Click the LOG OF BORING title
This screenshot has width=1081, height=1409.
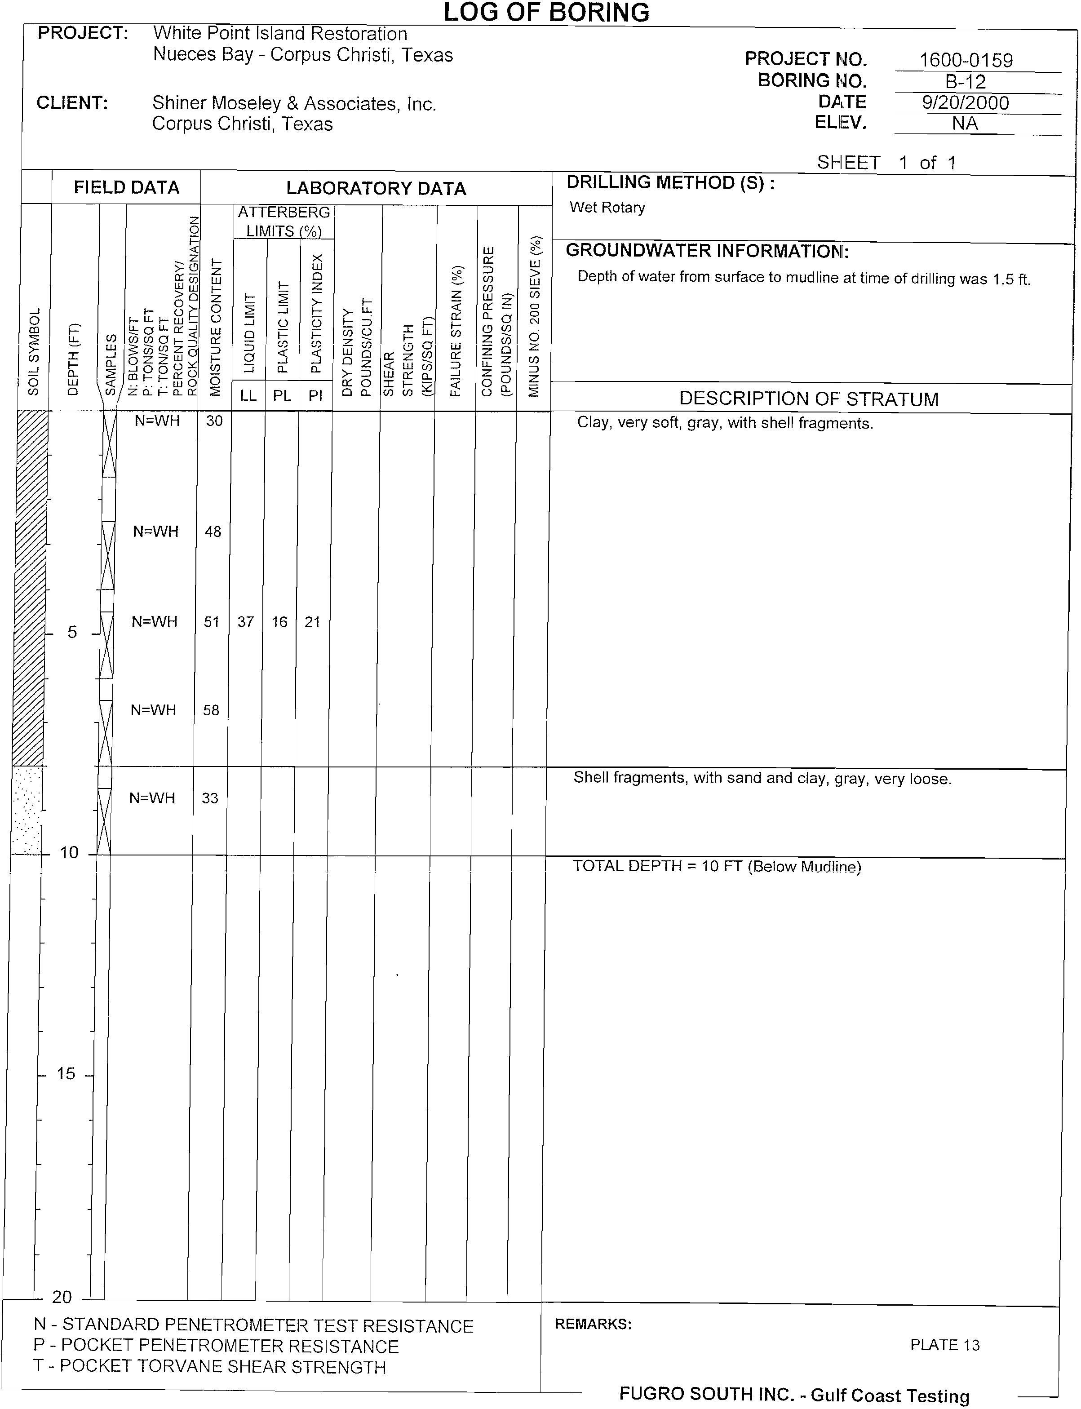coord(546,12)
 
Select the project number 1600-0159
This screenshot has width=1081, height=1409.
coord(966,61)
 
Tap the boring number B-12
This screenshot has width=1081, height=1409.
coord(965,82)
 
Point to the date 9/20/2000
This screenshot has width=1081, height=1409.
coord(965,103)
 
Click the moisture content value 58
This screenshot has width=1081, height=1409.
coord(211,710)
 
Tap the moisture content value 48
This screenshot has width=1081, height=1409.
coord(213,532)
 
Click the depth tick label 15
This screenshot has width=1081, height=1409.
coord(66,1073)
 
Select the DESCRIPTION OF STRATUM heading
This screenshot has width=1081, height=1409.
coord(809,399)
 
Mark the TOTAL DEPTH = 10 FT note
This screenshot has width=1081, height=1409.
coord(717,866)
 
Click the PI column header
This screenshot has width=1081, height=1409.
coord(315,396)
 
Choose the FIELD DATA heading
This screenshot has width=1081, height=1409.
coord(126,187)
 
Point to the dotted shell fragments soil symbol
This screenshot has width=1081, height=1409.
coord(27,811)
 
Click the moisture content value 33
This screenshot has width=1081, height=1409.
coord(210,798)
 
